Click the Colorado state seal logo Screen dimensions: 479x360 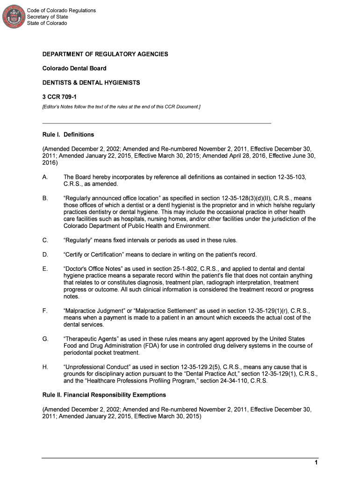pos(14,16)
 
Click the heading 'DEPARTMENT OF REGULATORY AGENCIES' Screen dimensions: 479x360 pos(105,54)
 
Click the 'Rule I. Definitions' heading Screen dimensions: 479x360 pos(68,135)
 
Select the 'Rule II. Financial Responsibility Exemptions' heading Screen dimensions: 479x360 pos(104,395)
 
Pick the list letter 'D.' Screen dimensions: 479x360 pos(45,254)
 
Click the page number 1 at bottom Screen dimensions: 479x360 pos(316,463)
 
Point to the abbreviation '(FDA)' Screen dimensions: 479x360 pos(144,346)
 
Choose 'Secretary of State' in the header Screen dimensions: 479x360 pos(47,17)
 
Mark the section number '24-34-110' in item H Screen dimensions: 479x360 pos(240,381)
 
